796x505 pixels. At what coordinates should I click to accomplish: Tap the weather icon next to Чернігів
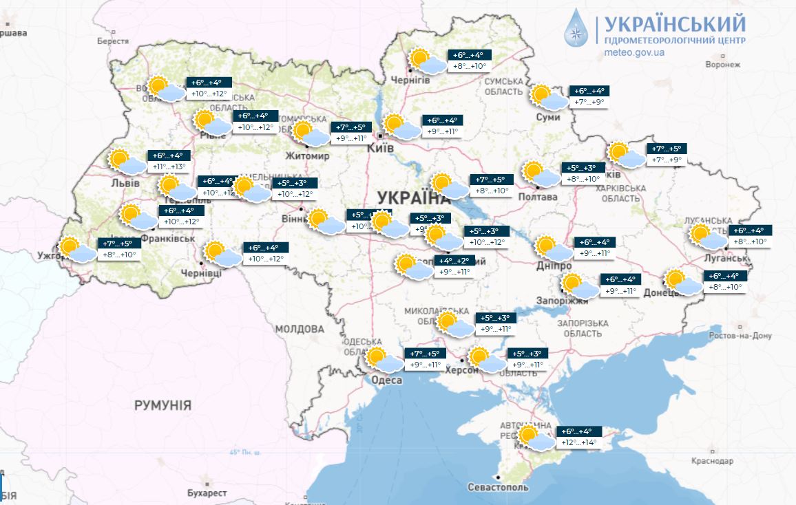(426, 62)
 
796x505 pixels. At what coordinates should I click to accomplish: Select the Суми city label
(548, 117)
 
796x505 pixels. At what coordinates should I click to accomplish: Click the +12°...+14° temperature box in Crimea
(579, 442)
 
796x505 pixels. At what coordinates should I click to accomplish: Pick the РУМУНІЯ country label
(163, 405)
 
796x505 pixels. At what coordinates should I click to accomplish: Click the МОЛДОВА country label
(300, 329)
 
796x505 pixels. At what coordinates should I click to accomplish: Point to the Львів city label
(125, 184)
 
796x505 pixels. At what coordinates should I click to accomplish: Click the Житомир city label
(307, 155)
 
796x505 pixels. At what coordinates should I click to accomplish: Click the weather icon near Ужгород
(76, 249)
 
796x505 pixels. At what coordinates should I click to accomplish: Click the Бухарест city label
(207, 493)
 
